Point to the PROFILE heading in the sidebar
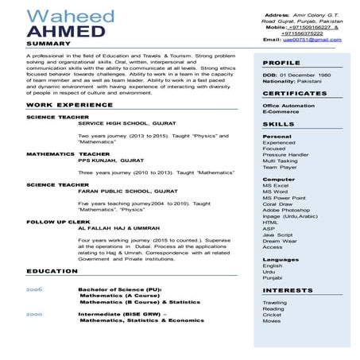(x=281, y=62)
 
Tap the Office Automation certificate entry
(x=288, y=105)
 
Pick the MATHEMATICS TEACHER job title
(x=68, y=153)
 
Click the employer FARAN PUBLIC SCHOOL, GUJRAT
(x=126, y=191)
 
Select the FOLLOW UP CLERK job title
(x=57, y=221)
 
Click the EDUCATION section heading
(x=52, y=272)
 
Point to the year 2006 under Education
(x=34, y=289)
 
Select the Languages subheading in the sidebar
(x=281, y=259)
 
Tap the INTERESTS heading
(x=288, y=290)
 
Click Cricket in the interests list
(x=272, y=315)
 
